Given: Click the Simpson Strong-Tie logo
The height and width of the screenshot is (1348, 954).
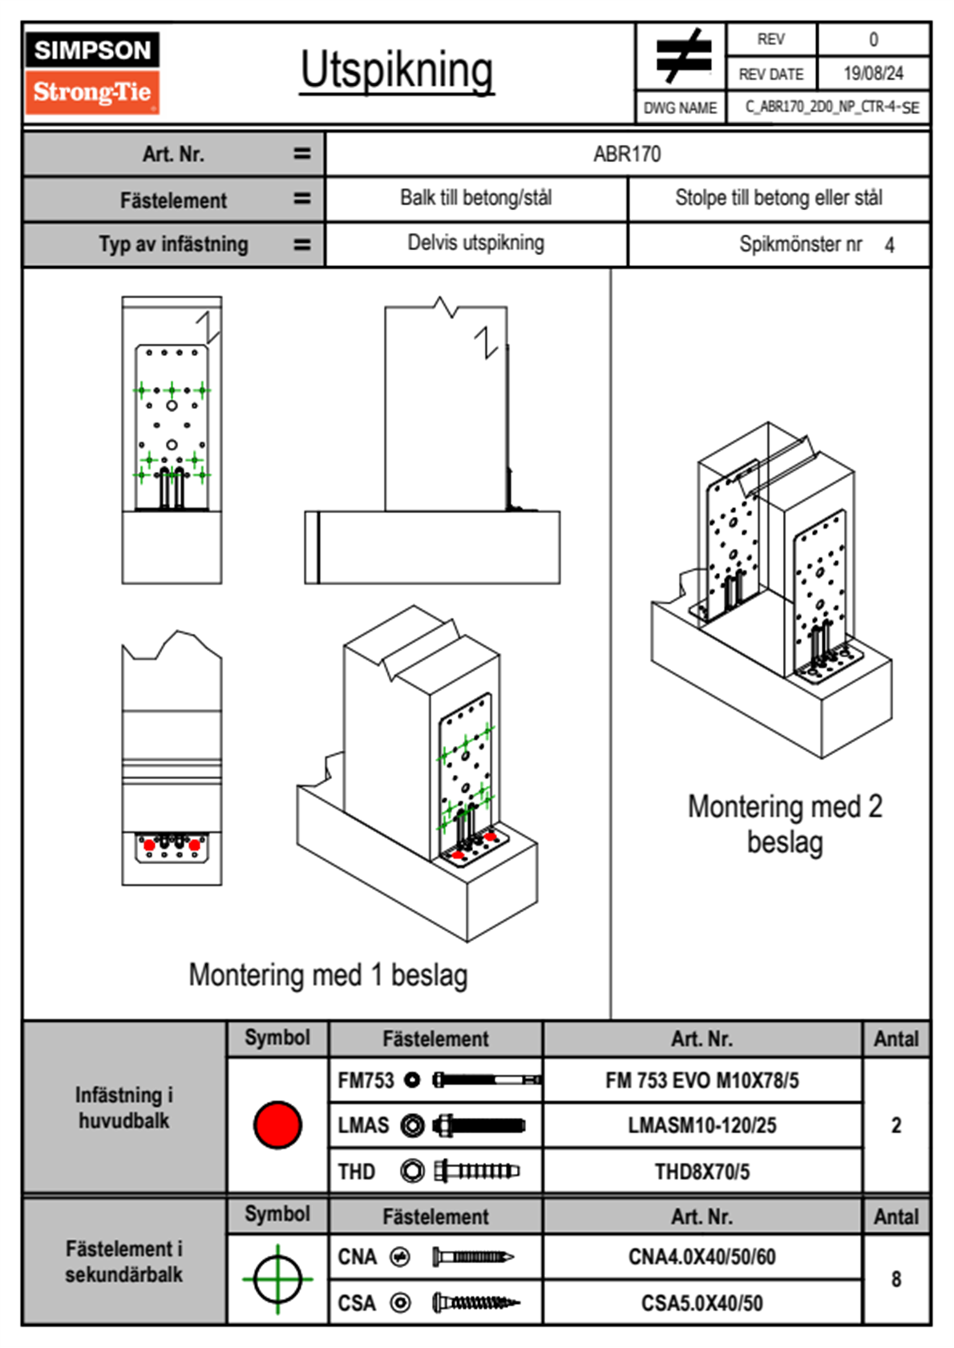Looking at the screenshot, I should [92, 72].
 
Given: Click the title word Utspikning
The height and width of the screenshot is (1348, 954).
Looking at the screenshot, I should [397, 71].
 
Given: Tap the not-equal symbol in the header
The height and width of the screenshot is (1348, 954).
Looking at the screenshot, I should [681, 56].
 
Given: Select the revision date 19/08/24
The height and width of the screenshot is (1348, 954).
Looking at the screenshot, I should [873, 74].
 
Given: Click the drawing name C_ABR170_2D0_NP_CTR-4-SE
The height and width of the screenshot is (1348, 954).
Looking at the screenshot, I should [831, 107].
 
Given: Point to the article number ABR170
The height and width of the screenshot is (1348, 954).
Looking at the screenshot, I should [627, 154].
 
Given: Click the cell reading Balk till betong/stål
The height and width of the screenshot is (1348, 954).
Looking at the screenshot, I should [476, 198].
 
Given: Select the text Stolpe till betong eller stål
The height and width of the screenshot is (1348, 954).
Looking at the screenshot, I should [778, 198].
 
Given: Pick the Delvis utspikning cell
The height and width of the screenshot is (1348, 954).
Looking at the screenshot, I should [476, 243].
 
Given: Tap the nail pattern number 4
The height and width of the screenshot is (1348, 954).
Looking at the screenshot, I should [889, 245].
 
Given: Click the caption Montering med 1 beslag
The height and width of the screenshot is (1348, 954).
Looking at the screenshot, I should [328, 975].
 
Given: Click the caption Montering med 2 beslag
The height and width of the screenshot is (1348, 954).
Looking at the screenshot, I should [785, 824].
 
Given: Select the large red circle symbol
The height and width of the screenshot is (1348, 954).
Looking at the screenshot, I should [277, 1124].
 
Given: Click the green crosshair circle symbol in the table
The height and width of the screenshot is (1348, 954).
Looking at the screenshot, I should [277, 1278].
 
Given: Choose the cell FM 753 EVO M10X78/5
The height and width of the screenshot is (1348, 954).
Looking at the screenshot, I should [701, 1080].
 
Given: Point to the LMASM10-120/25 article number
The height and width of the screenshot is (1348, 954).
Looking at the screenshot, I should [701, 1125].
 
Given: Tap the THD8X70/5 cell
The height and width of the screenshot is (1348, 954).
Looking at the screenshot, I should [701, 1172].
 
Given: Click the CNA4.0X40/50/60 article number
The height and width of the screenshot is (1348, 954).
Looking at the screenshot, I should [701, 1257].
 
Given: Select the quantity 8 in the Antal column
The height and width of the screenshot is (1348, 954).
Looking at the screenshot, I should [895, 1279].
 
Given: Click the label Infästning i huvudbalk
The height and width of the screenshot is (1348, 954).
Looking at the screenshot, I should [123, 1108].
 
